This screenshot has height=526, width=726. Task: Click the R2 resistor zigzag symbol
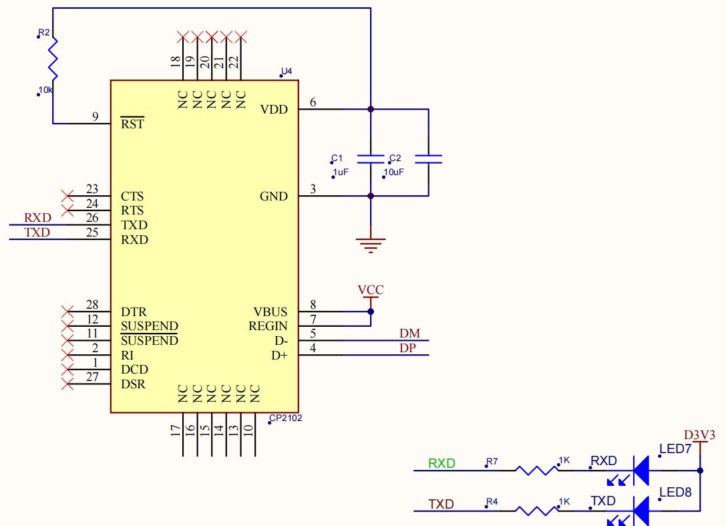point(53,59)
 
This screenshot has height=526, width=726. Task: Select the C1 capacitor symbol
point(371,160)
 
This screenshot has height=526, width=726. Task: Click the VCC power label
point(371,290)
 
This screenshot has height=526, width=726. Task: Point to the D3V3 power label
point(699,435)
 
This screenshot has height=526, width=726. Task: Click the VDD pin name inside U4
point(274,110)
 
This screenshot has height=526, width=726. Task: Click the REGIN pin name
point(268,326)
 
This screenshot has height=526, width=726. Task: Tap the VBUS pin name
point(270,312)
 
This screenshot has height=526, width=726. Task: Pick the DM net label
point(410,334)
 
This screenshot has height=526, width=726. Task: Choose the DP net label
point(408,348)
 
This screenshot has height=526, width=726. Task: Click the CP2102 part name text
point(286,418)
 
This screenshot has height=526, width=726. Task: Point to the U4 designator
point(287,72)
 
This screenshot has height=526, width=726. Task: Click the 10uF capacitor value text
point(393,172)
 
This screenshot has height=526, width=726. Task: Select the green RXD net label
point(441,463)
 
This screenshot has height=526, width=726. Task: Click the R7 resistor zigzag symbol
point(536,471)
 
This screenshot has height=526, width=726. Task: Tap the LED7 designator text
point(675,448)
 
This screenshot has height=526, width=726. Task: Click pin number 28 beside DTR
point(92,305)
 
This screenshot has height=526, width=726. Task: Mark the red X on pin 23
point(67,196)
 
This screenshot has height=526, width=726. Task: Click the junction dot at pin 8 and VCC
point(371,311)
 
